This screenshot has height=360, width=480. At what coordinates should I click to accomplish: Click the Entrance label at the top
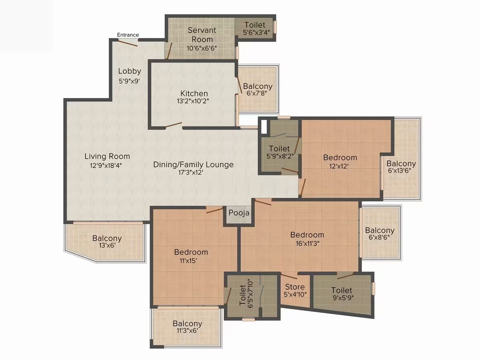point(128,35)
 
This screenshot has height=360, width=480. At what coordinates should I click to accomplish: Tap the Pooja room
point(239,213)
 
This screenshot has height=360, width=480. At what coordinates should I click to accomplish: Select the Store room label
point(295,287)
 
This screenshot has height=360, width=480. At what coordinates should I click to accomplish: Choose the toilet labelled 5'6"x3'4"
point(254,29)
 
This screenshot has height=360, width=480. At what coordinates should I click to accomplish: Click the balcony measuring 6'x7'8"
point(258,89)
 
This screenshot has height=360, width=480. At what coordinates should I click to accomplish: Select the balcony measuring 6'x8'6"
point(379,234)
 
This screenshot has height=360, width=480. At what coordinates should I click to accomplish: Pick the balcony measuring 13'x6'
point(107,242)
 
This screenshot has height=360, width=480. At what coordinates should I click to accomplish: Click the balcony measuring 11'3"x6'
point(187,327)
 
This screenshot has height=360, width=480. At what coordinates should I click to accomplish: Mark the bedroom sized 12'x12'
point(340,161)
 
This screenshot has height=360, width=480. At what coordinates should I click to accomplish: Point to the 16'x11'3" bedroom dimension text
point(307,243)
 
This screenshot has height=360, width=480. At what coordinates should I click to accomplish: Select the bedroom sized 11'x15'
point(191,256)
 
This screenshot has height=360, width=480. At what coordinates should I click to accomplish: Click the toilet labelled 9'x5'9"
point(342,294)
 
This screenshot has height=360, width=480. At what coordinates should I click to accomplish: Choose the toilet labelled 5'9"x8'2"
point(279,152)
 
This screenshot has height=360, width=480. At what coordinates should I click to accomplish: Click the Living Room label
point(107,156)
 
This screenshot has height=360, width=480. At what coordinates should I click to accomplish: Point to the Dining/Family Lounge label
point(193,165)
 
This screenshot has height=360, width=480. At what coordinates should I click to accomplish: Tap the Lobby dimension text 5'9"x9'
point(130,81)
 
